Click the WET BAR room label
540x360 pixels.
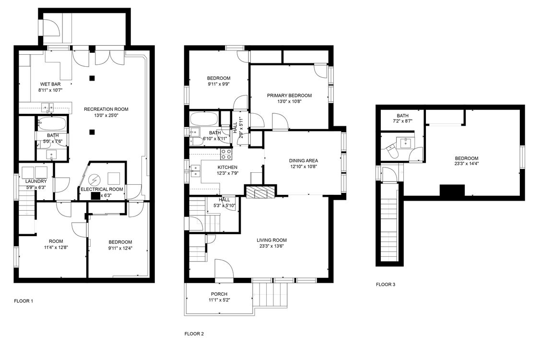point(50,84)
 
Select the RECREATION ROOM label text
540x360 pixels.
point(106,109)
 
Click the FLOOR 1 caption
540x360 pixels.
point(23,301)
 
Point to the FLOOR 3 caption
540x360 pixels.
point(386,285)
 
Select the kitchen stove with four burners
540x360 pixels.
point(226,155)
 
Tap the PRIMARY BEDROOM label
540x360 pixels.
point(289,96)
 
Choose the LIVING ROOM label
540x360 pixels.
point(271,240)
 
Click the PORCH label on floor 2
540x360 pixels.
point(219,294)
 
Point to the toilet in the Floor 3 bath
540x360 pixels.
point(391,152)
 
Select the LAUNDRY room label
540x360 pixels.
point(36,181)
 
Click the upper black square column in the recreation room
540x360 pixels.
point(92,78)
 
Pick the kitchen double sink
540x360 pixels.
point(195,170)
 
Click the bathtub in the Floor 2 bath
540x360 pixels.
point(204,119)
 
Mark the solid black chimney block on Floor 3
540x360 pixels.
point(452,191)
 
